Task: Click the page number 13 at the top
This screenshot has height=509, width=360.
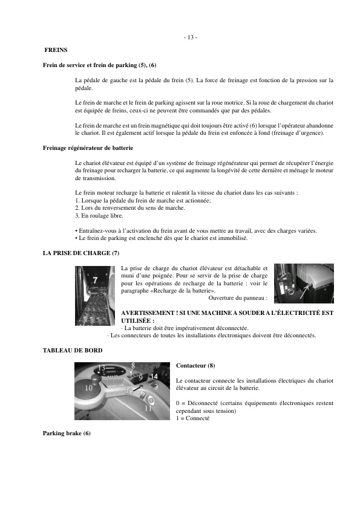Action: click(191, 37)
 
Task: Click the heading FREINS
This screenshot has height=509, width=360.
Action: click(56, 49)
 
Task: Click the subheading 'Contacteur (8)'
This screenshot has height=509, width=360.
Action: click(195, 366)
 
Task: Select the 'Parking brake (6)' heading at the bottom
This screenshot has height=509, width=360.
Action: click(67, 433)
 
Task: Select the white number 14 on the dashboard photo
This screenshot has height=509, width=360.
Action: click(154, 376)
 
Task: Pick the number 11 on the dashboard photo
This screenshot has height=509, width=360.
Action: click(148, 408)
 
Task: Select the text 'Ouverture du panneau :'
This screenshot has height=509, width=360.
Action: click(237, 297)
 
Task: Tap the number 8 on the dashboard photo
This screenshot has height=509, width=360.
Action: click(133, 365)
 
